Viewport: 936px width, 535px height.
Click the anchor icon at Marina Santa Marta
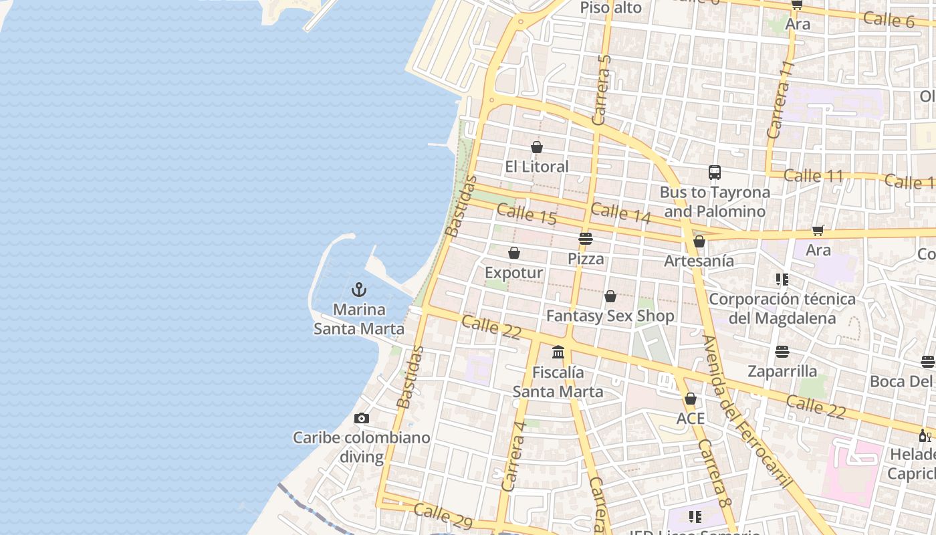click(360, 290)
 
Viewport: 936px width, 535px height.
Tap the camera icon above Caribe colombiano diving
click(362, 419)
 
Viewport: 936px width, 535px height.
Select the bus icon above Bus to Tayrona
click(715, 173)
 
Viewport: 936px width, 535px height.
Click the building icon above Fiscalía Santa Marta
click(558, 352)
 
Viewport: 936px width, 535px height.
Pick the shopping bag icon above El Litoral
click(537, 147)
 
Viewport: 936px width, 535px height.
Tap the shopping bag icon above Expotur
click(514, 253)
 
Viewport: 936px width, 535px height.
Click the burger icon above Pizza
click(586, 238)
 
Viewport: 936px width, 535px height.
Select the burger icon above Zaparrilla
click(782, 351)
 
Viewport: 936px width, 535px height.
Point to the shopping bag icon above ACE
click(691, 399)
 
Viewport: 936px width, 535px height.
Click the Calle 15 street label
click(527, 215)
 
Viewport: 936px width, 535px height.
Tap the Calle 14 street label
click(620, 213)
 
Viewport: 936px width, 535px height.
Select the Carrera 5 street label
click(602, 90)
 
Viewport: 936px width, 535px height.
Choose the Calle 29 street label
click(443, 516)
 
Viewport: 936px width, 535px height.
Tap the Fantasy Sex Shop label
click(610, 316)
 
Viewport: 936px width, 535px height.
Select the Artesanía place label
click(699, 261)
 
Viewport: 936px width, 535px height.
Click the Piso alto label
click(610, 8)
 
